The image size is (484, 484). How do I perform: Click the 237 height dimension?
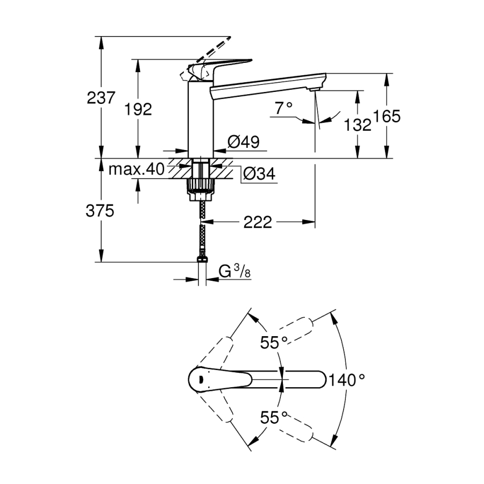pyautogui.click(x=101, y=97)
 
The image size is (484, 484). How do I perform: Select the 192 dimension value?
pyautogui.click(x=138, y=109)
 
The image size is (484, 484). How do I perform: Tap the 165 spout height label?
pyautogui.click(x=387, y=116)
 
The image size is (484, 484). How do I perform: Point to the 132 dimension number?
pyautogui.click(x=358, y=125)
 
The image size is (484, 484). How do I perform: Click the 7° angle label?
pyautogui.click(x=283, y=108)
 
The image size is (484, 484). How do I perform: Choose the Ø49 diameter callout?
pyautogui.click(x=244, y=141)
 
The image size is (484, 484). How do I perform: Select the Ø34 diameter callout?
pyautogui.click(x=259, y=174)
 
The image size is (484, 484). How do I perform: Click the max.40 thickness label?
pyautogui.click(x=137, y=169)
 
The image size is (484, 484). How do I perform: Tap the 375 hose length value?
pyautogui.click(x=99, y=211)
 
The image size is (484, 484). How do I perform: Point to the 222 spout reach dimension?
pyautogui.click(x=258, y=222)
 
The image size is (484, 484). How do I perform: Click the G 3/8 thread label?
pyautogui.click(x=234, y=272)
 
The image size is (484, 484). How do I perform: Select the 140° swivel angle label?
pyautogui.click(x=347, y=380)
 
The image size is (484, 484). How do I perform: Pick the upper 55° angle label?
pyautogui.click(x=274, y=342)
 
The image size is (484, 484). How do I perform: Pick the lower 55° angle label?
pyautogui.click(x=274, y=417)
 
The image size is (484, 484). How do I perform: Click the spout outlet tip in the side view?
pyautogui.click(x=313, y=89)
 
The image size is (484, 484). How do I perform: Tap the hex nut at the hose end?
pyautogui.click(x=202, y=259)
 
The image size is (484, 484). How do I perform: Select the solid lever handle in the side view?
pyautogui.click(x=220, y=70)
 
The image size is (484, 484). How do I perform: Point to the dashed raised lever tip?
pyautogui.click(x=229, y=38)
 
